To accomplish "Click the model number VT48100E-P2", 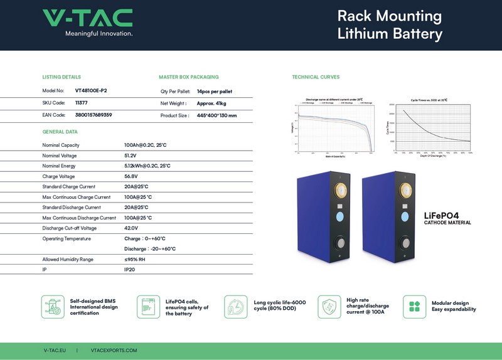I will pyautogui.click(x=91, y=91).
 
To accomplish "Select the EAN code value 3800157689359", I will pyautogui.click(x=93, y=115).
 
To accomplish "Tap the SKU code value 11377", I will pyautogui.click(x=82, y=103).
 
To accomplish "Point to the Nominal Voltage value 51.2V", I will pyautogui.click(x=131, y=156).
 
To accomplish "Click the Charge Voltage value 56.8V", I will pyautogui.click(x=132, y=176).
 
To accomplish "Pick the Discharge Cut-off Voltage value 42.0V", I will pyautogui.click(x=132, y=228).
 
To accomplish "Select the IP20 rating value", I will pyautogui.click(x=131, y=270).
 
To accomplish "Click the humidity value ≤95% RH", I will pyautogui.click(x=135, y=259).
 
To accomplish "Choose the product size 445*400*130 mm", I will pyautogui.click(x=216, y=115).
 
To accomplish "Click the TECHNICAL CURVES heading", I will pyautogui.click(x=316, y=77).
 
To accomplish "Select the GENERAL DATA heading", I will pyautogui.click(x=60, y=132).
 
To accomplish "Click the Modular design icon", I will pyautogui.click(x=415, y=307).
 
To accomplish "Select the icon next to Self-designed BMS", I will pyautogui.click(x=53, y=307).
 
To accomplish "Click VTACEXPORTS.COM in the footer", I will pyautogui.click(x=114, y=351).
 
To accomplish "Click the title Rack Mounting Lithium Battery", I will pyautogui.click(x=389, y=25).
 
